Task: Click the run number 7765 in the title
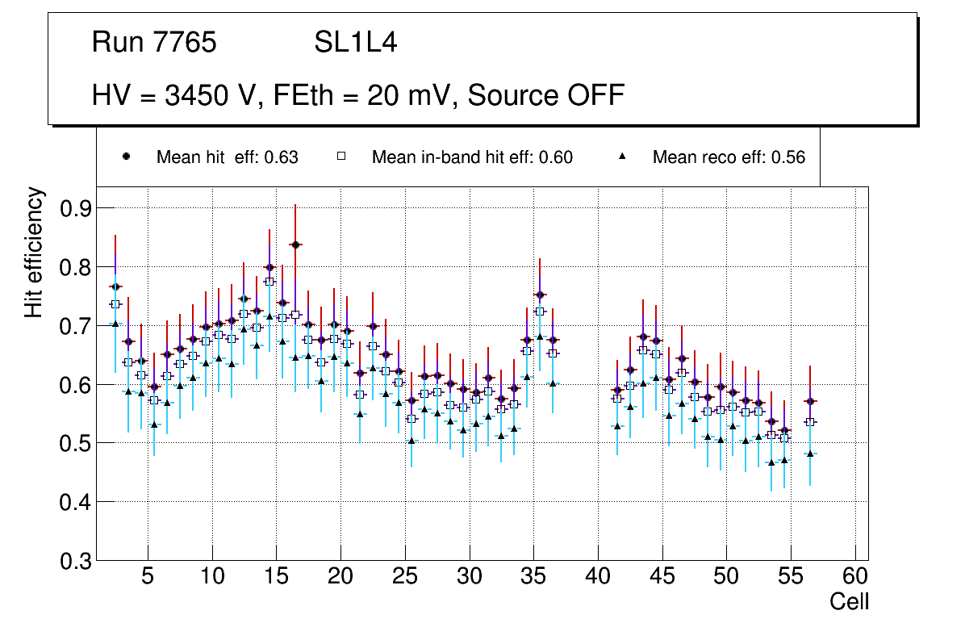186,43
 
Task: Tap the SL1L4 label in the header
355,43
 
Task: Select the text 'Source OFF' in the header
546,95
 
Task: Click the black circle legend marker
126,157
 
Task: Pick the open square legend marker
340,157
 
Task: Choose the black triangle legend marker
622,157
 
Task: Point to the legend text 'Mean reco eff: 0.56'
729,157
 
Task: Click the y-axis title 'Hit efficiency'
34,253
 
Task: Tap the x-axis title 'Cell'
849,602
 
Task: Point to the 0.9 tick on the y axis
77,208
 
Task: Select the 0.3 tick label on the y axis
77,561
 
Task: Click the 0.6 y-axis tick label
77,385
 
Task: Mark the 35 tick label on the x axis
533,577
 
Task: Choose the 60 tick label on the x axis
854,577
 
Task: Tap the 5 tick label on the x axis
148,577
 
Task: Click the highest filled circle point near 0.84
295,245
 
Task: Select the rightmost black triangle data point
810,454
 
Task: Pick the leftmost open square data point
115,304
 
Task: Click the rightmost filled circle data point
810,401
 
